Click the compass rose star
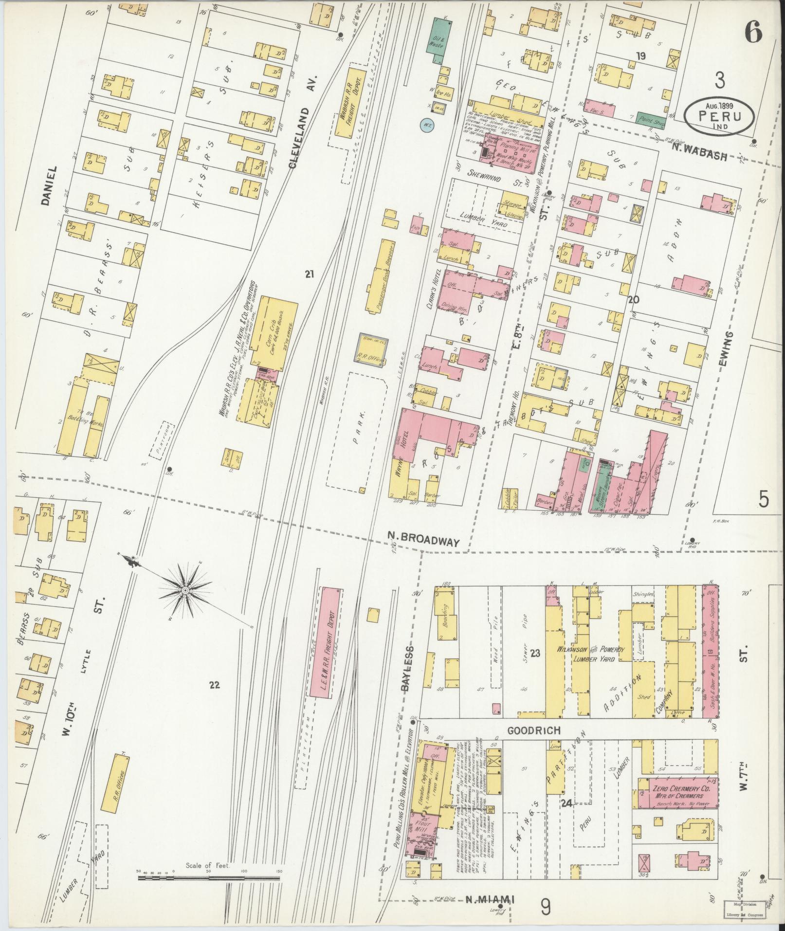pyautogui.click(x=185, y=590)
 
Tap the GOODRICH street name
pyautogui.click(x=532, y=730)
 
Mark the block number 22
pyautogui.click(x=215, y=685)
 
